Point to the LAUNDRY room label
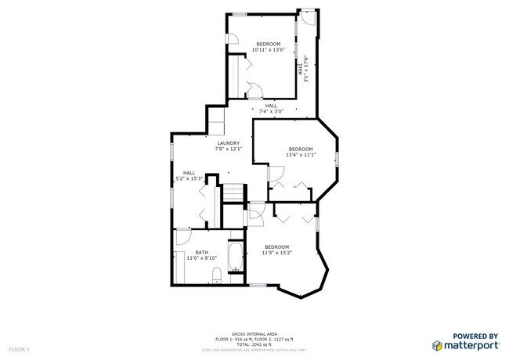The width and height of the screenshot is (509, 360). point(229,143)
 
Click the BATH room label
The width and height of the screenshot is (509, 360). point(202,252)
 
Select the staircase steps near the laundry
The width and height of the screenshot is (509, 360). point(232,193)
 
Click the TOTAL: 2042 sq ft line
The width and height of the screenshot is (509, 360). point(254,344)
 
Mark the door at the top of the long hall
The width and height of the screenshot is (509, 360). point(309,20)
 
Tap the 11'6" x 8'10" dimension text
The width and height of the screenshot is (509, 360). point(202,257)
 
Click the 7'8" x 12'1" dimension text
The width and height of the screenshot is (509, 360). point(229,149)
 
